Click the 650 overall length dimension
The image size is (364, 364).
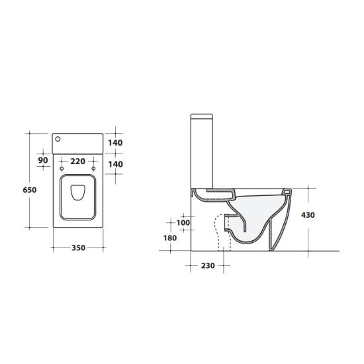click(30, 190)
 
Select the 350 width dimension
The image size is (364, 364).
click(79, 248)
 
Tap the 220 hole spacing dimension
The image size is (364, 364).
click(77, 161)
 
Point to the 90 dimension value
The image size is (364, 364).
click(43, 160)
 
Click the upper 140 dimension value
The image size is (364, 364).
click(115, 143)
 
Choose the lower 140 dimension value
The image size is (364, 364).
click(115, 164)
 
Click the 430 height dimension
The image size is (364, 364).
click(308, 215)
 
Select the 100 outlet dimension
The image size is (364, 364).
click(183, 222)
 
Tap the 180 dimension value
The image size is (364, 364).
click(170, 238)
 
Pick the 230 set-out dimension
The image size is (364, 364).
click(208, 265)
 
